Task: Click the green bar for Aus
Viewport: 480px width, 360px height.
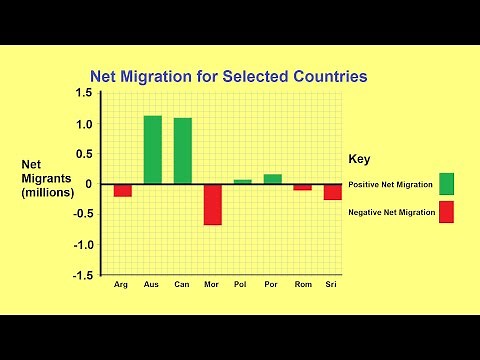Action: [152, 150]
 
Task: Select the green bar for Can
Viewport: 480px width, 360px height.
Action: [182, 151]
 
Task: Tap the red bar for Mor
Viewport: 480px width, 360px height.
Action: [212, 204]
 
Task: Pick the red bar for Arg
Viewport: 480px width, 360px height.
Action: [122, 190]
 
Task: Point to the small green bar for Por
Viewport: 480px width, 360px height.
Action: [272, 179]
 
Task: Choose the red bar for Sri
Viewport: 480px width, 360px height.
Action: [332, 191]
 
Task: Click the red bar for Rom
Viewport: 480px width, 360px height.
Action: [302, 187]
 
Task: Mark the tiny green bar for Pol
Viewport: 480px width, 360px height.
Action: [242, 181]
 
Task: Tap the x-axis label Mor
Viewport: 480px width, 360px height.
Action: [212, 285]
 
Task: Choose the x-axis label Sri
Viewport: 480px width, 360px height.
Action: [332, 285]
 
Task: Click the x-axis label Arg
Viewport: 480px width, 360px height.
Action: [122, 285]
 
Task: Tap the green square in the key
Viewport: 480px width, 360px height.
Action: [446, 184]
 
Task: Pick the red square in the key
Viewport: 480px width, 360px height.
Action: [446, 212]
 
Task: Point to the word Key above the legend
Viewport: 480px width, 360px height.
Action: [360, 159]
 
